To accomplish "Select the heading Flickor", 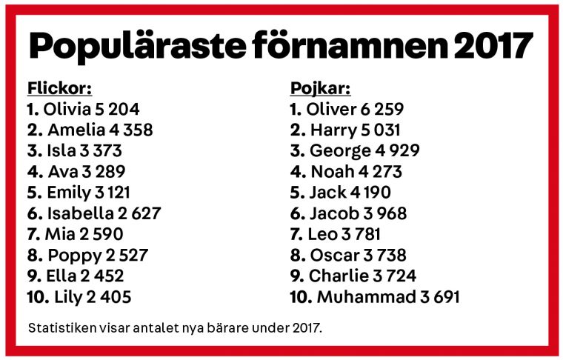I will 59,88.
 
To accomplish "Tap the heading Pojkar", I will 319,88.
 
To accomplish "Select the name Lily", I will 70,297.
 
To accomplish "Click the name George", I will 339,151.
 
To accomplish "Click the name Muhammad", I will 363,297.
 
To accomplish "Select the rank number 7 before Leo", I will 293,235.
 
